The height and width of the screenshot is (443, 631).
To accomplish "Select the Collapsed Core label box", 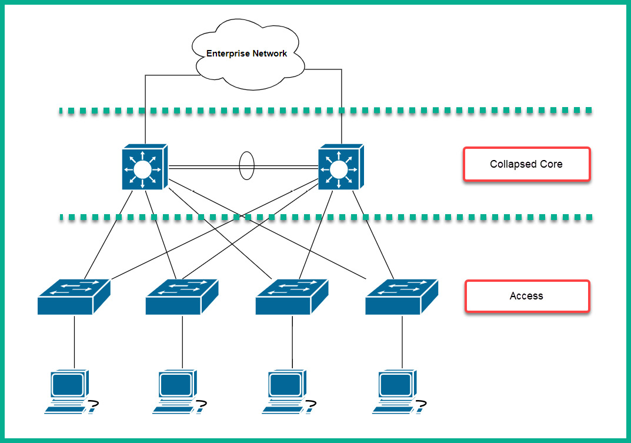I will pyautogui.click(x=526, y=164).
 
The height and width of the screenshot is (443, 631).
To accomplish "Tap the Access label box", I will pyautogui.click(x=526, y=296).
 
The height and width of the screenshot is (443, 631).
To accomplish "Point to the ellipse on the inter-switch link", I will pyautogui.click(x=246, y=166).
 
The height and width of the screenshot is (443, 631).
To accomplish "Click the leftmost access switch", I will pyautogui.click(x=74, y=297).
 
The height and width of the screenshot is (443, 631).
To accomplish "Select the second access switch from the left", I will pyautogui.click(x=182, y=297).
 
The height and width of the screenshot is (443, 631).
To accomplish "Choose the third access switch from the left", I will pyautogui.click(x=292, y=297).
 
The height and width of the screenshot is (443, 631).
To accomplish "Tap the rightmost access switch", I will pyautogui.click(x=402, y=297).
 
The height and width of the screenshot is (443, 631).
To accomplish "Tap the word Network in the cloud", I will pyautogui.click(x=270, y=54).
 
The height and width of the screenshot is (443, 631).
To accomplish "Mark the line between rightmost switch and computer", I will pyautogui.click(x=402, y=341).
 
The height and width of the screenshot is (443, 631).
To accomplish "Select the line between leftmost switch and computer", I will pyautogui.click(x=74, y=341).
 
